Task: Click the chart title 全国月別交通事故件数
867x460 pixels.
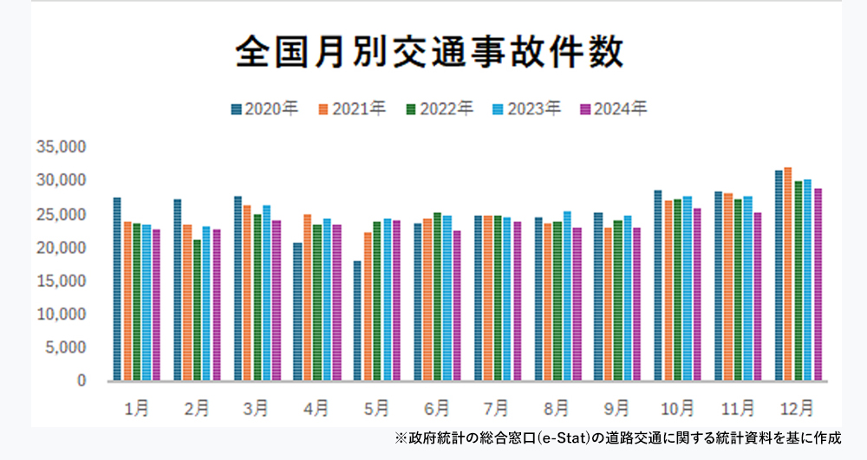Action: point(429,52)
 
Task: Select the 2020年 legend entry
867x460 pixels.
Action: point(264,109)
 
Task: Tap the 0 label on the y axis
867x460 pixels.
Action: point(81,381)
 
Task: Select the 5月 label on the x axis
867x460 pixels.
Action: point(377,407)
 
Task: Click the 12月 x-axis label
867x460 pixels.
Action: point(798,407)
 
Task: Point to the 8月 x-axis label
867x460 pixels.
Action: point(557,407)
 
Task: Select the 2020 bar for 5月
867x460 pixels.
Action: point(357,321)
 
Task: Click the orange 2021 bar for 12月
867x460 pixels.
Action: point(787,274)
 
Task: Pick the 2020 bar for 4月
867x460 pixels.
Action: point(297,312)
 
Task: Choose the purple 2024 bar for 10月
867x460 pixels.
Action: point(698,295)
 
